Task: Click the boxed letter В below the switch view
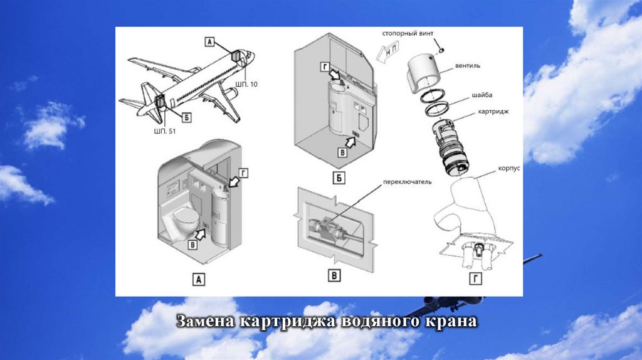pyautogui.click(x=336, y=275)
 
